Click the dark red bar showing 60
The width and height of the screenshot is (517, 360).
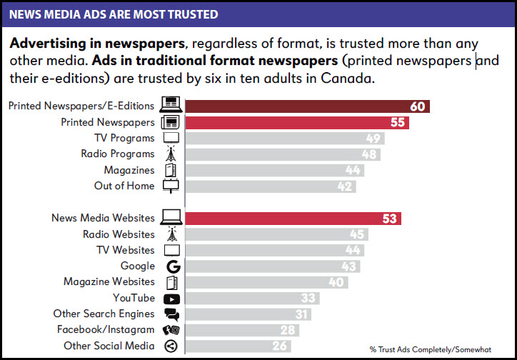tap(307, 106)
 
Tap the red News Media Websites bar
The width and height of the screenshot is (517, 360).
tap(293, 219)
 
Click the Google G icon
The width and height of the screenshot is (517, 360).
tap(171, 266)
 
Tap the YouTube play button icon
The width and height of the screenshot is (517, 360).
tap(171, 299)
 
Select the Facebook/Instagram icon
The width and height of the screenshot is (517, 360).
tap(171, 330)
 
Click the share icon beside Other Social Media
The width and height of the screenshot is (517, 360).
tap(171, 346)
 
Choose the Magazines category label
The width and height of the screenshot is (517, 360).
tap(129, 170)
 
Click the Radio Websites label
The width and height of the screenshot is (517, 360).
tap(119, 234)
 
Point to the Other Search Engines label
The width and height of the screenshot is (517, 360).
tap(104, 314)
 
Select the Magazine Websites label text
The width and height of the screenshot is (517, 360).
tap(109, 282)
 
